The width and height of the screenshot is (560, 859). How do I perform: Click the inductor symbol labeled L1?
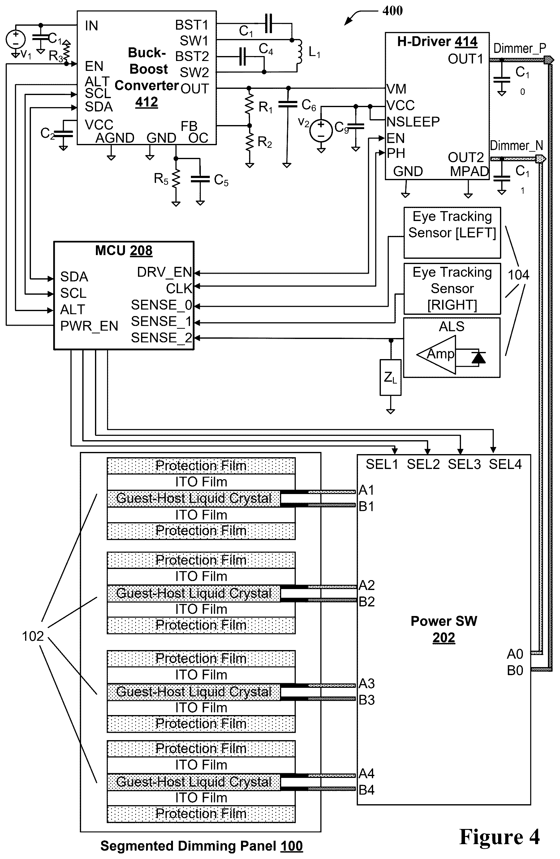coord(299,53)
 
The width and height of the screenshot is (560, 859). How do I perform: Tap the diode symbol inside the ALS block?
coord(478,357)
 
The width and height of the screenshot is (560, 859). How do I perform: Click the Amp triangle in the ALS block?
coord(437,355)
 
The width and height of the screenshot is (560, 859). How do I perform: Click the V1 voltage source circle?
coord(15,39)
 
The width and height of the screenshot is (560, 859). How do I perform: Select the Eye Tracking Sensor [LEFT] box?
coord(452,232)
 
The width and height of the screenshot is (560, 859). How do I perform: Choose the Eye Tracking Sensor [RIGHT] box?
coord(452,289)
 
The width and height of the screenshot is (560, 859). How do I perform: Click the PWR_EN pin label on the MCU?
coord(89,326)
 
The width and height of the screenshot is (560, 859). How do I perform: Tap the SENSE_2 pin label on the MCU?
coord(161,338)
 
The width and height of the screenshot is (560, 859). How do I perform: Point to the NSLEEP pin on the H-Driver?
coord(413,122)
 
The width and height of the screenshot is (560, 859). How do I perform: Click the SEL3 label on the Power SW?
coord(464,464)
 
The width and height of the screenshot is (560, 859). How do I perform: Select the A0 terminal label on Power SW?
coord(515,654)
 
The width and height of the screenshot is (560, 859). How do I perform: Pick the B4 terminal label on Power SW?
coord(367,790)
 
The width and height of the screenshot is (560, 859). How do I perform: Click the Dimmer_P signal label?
coord(519,48)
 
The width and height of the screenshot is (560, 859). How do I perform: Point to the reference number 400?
coord(393,11)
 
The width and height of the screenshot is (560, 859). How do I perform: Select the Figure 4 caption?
coord(499,837)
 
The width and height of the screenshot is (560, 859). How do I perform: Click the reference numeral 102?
coord(33,636)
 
